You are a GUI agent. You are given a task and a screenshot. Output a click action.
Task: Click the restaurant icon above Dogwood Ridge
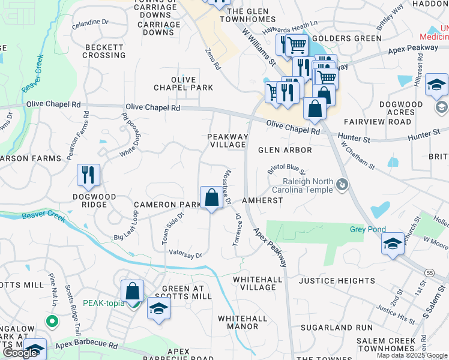[x=88, y=175]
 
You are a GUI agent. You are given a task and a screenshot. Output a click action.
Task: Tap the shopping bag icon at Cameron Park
[x=211, y=197]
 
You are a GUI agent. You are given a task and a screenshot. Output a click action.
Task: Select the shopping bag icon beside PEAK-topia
[x=132, y=292]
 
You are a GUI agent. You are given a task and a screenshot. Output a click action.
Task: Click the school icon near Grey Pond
[x=393, y=244]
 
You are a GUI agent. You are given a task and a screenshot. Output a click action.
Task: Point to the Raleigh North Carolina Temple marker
[x=342, y=184]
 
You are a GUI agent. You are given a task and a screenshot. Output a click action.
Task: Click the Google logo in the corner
[x=20, y=353]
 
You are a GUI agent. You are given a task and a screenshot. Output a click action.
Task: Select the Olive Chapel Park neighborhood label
[x=183, y=83]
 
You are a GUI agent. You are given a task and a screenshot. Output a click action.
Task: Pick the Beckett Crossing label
[x=104, y=51]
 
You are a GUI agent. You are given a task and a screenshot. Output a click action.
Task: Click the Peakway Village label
[x=228, y=140]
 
